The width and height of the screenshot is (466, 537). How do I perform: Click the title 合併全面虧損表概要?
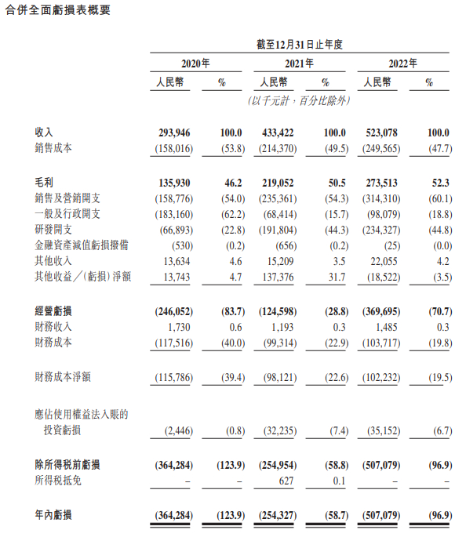pos(57,10)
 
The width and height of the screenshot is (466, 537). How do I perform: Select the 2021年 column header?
pos(299,63)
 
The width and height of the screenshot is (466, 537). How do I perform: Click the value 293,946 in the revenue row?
pos(174,132)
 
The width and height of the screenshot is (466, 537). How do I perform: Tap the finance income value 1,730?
pos(180,326)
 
